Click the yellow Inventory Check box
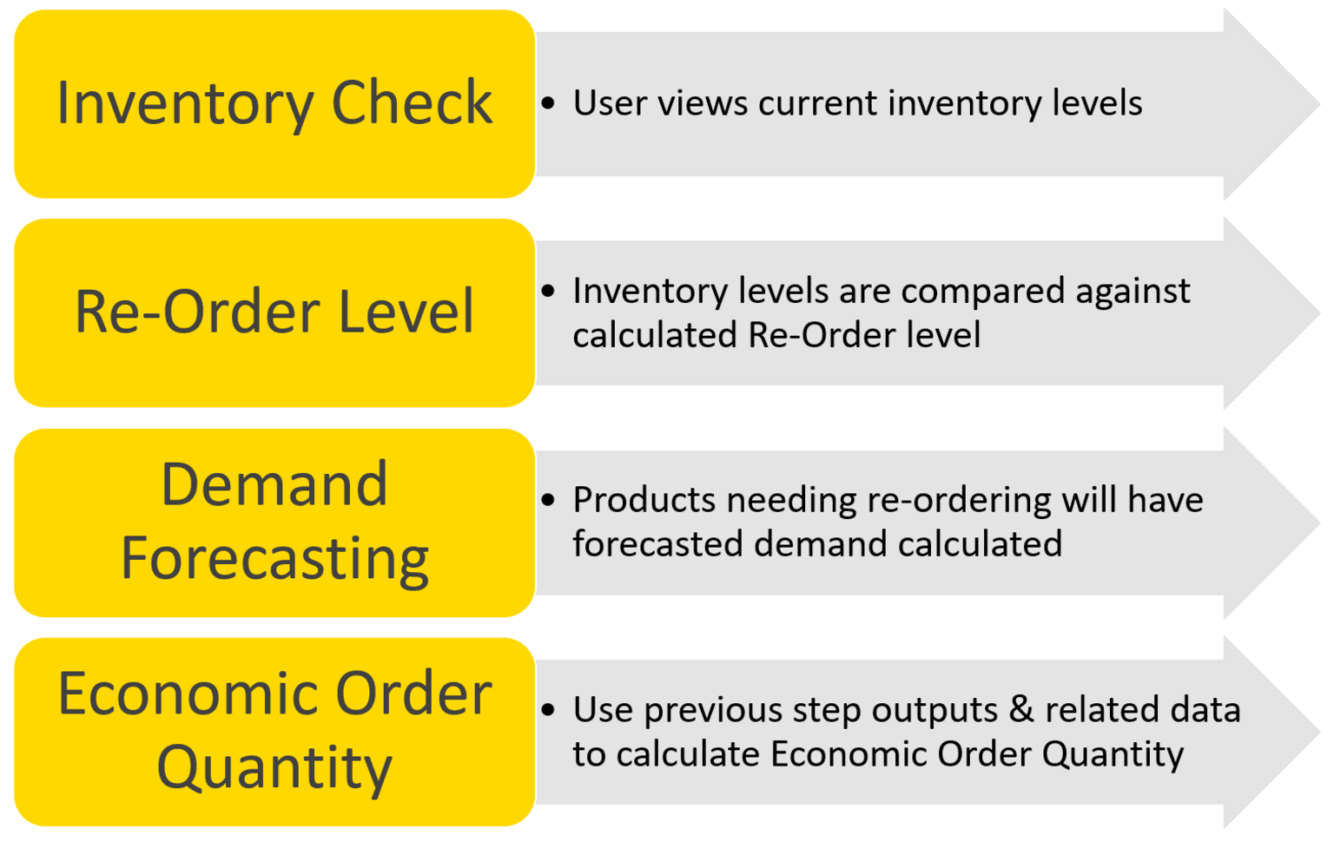[274, 103]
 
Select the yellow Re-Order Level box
[274, 313]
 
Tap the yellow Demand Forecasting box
[274, 523]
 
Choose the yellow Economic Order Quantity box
[274, 733]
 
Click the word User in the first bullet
[610, 103]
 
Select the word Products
[644, 499]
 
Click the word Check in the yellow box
[412, 103]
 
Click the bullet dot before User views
[548, 103]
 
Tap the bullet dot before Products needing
[548, 499]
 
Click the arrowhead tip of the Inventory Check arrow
[1320, 104]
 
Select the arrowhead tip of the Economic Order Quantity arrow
[1320, 733]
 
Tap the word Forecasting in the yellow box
[274, 558]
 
